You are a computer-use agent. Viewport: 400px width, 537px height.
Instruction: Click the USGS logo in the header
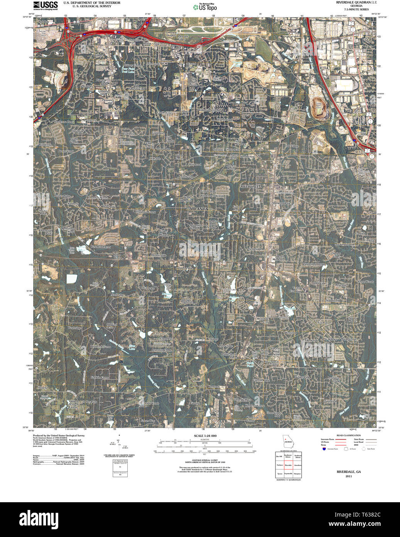[46, 5]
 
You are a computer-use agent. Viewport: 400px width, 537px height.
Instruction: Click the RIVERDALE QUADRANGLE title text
[356, 2]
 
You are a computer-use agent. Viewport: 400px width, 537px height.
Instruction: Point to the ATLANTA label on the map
[198, 209]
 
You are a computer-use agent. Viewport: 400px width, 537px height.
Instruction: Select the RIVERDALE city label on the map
[250, 186]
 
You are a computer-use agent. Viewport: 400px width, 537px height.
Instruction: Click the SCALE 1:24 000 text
[205, 436]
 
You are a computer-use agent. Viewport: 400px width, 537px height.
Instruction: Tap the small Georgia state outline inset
[287, 441]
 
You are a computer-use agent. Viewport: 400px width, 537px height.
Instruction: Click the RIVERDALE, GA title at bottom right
[349, 472]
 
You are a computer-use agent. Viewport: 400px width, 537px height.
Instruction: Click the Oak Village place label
[292, 146]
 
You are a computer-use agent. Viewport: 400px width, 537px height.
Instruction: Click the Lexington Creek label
[334, 379]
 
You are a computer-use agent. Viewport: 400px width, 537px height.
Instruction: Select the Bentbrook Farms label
[100, 347]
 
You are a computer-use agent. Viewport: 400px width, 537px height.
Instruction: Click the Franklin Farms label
[100, 377]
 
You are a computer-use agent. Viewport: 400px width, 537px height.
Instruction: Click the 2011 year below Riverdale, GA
[349, 476]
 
